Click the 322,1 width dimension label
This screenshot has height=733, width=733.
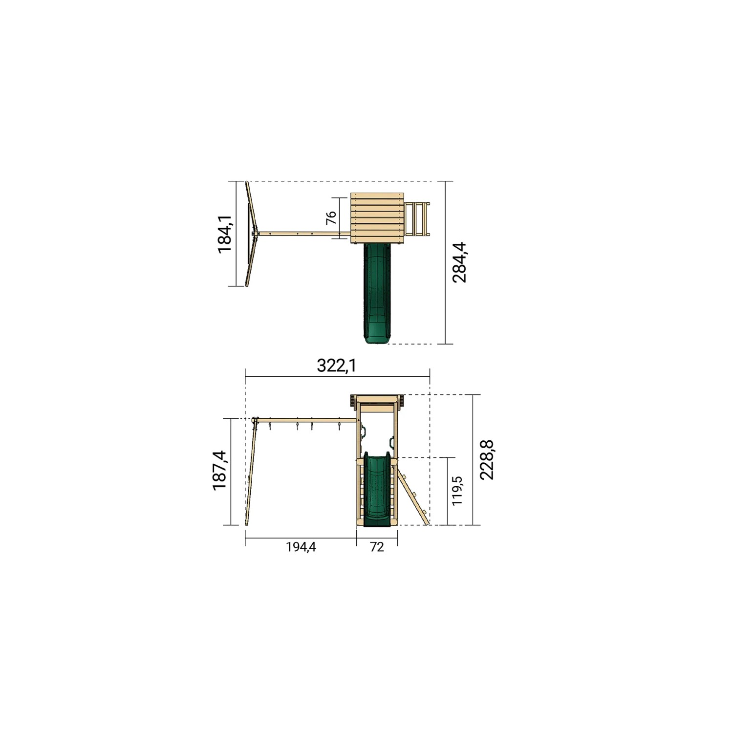(337, 366)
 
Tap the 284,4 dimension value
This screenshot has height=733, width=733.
(459, 262)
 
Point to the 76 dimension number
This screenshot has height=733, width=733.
(331, 217)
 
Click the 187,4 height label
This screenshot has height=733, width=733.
(220, 471)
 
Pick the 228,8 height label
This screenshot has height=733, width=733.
(487, 460)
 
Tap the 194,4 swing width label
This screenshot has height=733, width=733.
(301, 547)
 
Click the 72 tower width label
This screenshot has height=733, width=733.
(377, 547)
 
